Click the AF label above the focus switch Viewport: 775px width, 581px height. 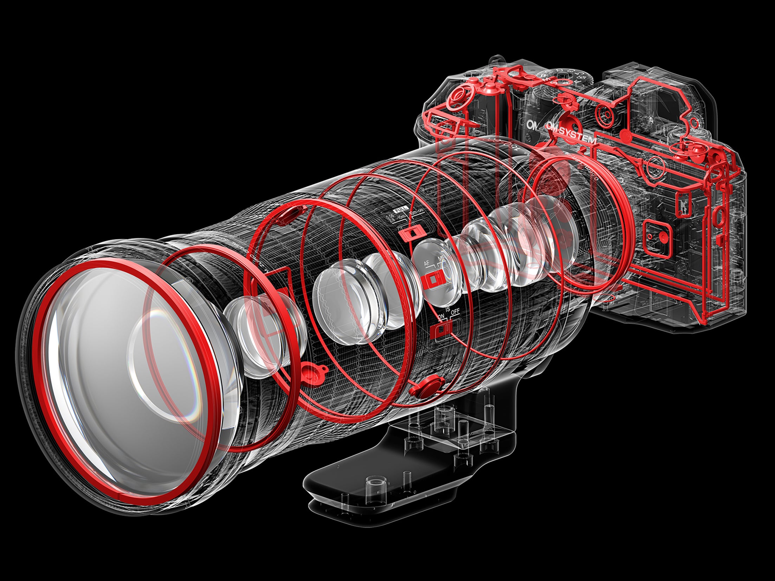426,263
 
